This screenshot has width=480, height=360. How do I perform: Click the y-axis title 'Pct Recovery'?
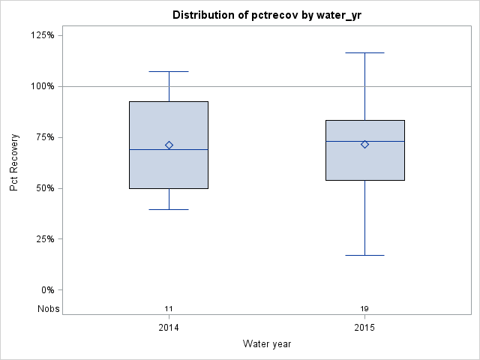pos(14,163)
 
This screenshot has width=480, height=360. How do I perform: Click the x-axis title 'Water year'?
pos(267,343)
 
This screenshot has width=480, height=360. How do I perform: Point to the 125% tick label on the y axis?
pos(42,35)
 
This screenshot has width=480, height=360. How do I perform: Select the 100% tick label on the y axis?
pos(42,86)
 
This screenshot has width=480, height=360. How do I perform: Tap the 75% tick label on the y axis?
pos(44,137)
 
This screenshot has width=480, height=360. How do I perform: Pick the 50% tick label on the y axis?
pos(44,188)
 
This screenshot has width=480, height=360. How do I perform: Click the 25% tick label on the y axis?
pos(44,239)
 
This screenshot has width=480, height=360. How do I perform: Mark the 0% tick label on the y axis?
pos(46,290)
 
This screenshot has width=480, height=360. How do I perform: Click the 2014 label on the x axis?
pos(169,328)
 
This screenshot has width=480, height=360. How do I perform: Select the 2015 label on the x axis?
pos(364,328)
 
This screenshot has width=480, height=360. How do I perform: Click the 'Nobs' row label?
pos(49,309)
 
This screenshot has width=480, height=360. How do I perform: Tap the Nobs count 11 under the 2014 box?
pos(169,309)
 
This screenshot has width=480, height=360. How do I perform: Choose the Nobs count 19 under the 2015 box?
pos(364,309)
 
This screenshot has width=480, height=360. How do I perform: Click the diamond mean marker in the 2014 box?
pos(169,145)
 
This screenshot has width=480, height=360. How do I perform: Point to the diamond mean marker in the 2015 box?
pos(364,144)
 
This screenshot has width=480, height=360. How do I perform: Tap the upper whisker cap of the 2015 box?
pos(364,53)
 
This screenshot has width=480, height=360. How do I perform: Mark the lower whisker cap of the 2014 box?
pos(169,209)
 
